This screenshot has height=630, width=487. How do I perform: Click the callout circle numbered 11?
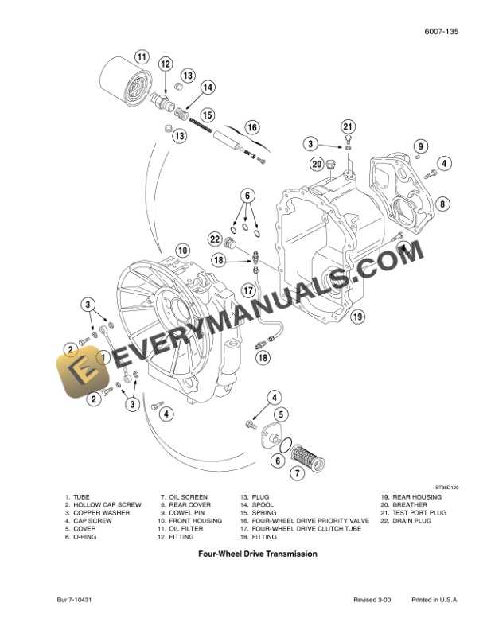click(x=140, y=56)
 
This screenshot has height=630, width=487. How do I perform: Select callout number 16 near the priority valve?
click(x=251, y=126)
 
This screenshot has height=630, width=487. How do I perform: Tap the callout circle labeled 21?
click(x=347, y=126)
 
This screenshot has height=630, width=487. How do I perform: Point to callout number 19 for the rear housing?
click(x=358, y=316)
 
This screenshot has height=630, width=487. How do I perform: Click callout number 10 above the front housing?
click(x=182, y=250)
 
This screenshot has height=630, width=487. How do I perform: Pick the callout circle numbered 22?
click(x=215, y=239)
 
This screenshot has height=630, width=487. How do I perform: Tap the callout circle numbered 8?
click(x=442, y=204)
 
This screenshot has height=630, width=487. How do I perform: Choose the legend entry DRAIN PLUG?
click(x=411, y=520)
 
